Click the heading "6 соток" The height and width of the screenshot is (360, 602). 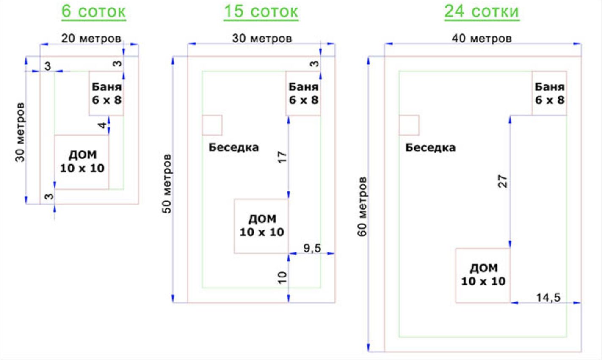[94, 11]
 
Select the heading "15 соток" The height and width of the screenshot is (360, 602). [261, 11]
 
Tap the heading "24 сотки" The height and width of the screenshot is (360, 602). [482, 11]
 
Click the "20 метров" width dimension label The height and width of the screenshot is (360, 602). [91, 39]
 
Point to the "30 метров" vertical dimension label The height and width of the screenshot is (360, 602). [20, 132]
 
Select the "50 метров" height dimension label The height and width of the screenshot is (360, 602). [167, 184]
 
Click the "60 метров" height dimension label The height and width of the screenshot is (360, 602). [362, 207]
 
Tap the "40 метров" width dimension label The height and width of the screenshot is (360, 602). [482, 39]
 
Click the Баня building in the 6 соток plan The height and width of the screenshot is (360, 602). [106, 94]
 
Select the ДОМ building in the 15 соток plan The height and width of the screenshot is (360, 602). [261, 226]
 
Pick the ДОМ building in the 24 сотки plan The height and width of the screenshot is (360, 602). [483, 275]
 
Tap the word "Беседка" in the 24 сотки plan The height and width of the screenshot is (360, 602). [430, 148]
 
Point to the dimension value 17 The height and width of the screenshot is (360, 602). [282, 157]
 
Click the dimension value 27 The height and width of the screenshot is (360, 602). [503, 181]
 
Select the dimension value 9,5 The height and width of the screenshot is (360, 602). [312, 248]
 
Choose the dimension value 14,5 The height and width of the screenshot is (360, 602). [548, 298]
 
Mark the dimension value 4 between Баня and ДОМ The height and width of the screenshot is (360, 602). [102, 125]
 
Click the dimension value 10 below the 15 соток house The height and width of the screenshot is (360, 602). [282, 278]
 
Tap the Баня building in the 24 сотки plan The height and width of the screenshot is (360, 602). [550, 94]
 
